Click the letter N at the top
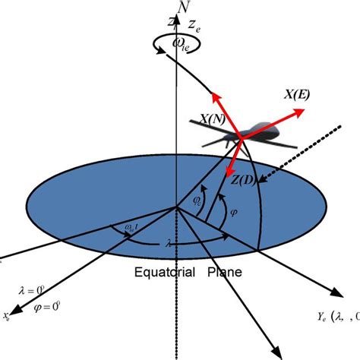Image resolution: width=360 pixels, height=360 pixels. pyautogui.click(x=182, y=8)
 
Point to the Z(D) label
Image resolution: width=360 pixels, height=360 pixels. pyautogui.click(x=243, y=178)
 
